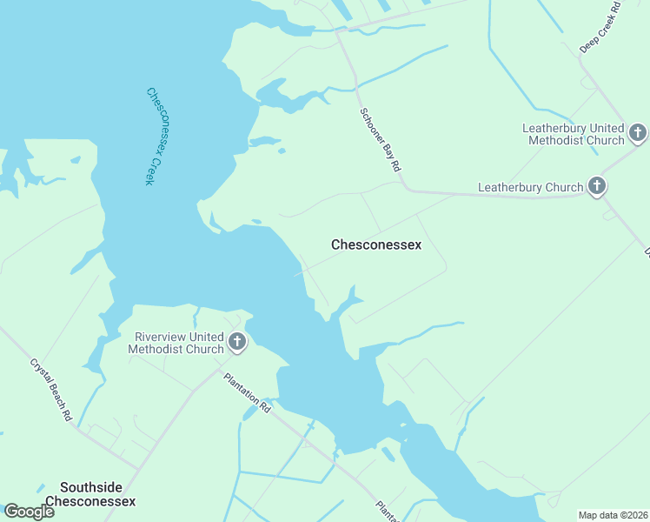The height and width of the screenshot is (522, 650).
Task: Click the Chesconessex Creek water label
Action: click(150, 136)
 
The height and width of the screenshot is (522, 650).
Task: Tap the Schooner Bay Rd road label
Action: click(381, 139)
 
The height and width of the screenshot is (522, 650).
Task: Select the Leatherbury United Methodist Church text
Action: click(573, 134)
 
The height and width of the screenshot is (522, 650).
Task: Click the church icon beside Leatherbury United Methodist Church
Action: click(637, 133)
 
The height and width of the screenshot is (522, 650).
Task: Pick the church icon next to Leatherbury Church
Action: click(596, 186)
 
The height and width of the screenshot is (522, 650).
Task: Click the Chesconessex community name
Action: click(376, 245)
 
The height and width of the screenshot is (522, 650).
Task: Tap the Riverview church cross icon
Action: click(237, 343)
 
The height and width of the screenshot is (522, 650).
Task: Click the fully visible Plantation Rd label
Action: click(248, 392)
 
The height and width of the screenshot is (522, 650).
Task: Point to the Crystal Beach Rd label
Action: click(50, 391)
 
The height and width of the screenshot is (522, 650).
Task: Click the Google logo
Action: click(29, 512)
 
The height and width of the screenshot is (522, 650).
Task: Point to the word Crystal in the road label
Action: click(41, 375)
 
